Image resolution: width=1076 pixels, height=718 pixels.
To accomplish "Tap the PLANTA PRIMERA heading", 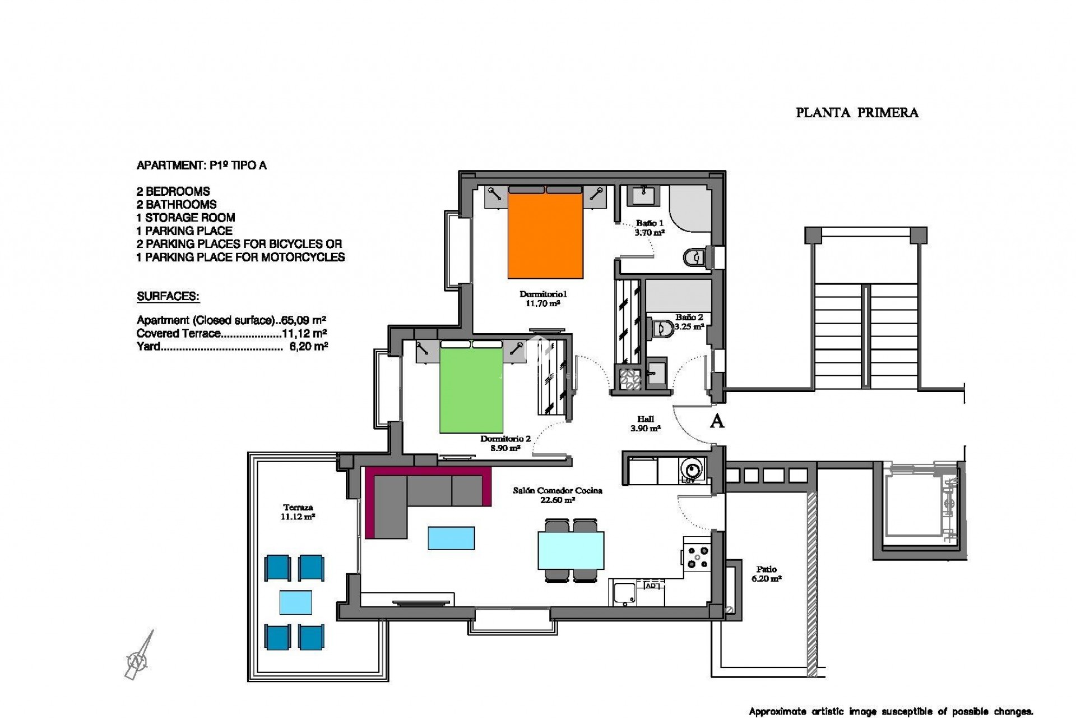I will (x=857, y=113).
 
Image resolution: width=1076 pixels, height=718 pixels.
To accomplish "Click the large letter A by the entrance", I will (x=717, y=421).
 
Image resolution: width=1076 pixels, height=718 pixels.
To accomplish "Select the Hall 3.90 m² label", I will (x=646, y=424).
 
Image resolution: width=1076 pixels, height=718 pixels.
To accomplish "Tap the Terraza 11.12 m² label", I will (x=297, y=512).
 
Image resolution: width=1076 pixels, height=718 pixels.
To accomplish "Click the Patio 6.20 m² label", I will (x=766, y=573).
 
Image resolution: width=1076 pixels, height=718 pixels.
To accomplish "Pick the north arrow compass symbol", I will (x=138, y=659).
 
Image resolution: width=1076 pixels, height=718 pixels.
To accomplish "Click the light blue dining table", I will (x=571, y=550).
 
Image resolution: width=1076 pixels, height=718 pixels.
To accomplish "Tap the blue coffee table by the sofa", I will (x=451, y=537).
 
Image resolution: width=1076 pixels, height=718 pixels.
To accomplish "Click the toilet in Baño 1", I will (x=694, y=257).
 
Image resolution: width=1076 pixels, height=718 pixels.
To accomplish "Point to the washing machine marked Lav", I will (x=690, y=470).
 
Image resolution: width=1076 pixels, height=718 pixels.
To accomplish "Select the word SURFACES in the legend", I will (x=168, y=297).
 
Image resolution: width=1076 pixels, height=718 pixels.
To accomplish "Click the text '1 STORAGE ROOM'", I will (x=185, y=218).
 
